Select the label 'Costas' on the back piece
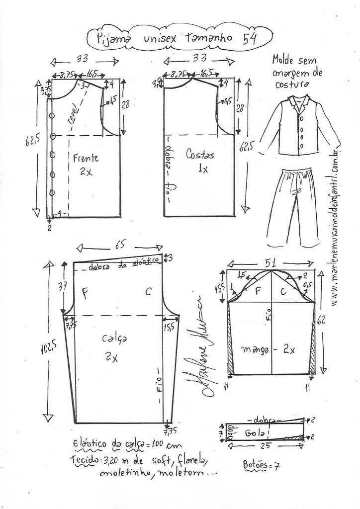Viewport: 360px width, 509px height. (x=200, y=155)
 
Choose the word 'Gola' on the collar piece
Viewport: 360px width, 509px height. (x=255, y=433)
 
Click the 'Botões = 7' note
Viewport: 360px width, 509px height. (x=262, y=466)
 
